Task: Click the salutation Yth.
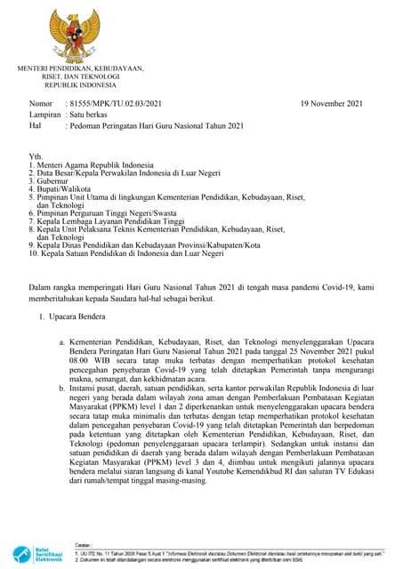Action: click(36, 156)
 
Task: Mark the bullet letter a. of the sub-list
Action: click(61, 342)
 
